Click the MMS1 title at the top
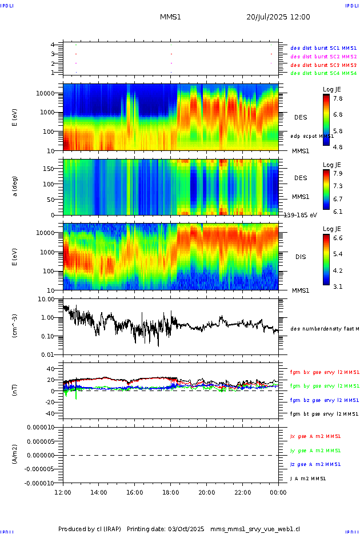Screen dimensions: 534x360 tap(170, 17)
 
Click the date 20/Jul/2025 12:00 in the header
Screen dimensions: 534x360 tap(278, 17)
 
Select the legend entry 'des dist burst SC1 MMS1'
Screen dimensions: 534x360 tap(323, 49)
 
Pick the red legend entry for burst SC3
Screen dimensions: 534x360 tap(323, 65)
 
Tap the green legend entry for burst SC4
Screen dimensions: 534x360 tap(323, 73)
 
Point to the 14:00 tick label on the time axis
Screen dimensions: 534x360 tap(99, 492)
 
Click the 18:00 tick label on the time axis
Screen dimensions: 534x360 tap(170, 492)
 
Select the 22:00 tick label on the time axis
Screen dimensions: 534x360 tap(242, 492)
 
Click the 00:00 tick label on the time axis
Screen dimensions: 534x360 tap(278, 492)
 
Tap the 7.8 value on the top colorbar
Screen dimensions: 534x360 tap(338, 98)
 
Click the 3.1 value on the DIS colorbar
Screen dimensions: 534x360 tap(338, 286)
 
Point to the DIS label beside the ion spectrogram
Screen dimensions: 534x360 tap(301, 257)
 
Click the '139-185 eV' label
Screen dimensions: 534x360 tap(300, 215)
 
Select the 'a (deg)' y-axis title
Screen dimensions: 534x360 tap(15, 187)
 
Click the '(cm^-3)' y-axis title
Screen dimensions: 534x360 tap(15, 327)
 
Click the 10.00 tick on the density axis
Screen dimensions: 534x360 tap(46, 299)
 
